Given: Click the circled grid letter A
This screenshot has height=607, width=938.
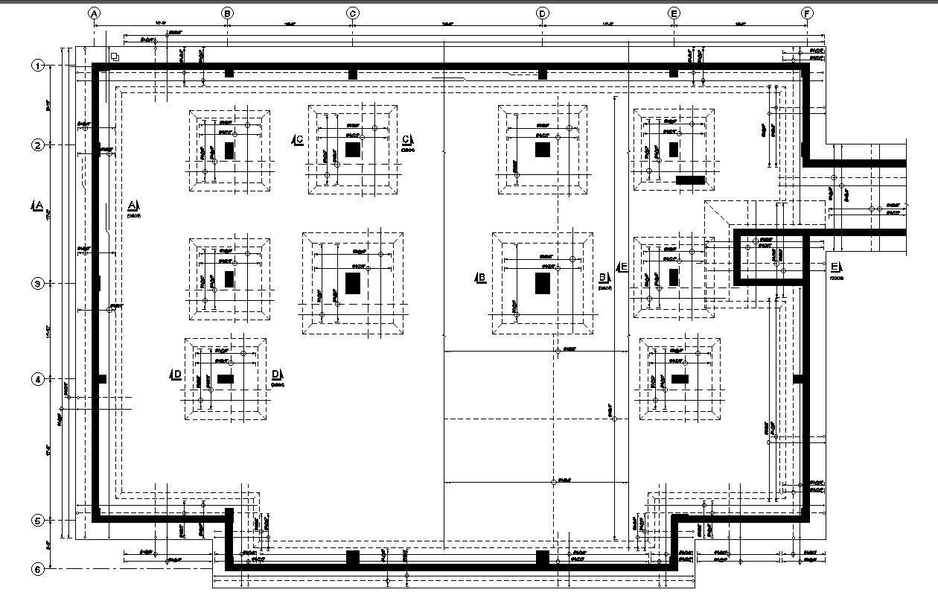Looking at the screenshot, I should tap(94, 13).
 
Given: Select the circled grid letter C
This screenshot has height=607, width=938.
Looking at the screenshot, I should tap(353, 13).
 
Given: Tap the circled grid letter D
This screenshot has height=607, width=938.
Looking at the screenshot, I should tap(543, 13).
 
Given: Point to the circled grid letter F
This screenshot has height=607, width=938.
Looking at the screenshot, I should tap(808, 13).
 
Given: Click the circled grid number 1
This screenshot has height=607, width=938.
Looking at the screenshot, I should tap(37, 66).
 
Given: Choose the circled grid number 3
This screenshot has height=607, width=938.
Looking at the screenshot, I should tap(37, 284).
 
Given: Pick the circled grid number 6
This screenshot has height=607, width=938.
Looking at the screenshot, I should tap(37, 569).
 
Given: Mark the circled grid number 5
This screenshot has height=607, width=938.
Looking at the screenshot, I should tap(37, 521).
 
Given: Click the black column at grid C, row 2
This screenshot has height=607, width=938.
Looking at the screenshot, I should tap(353, 150).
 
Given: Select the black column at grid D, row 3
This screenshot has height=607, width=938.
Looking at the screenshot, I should tap(543, 283).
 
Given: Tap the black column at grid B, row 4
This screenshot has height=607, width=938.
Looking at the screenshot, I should tap(226, 379).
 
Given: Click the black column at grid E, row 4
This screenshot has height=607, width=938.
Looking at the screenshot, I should tap(679, 379).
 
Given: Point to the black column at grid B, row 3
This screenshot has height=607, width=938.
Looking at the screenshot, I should tap(229, 279).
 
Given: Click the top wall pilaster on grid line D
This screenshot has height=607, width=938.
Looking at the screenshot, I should tap(543, 74).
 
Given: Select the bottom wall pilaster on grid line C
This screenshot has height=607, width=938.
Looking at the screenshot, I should tap(353, 557).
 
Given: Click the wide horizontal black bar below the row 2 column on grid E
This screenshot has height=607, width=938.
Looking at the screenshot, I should tap(690, 180).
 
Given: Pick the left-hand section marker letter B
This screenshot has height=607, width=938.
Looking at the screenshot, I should tap(481, 278).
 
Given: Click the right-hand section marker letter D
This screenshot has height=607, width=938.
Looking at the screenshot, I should tap(276, 375).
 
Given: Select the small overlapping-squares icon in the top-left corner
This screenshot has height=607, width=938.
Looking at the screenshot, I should tap(115, 57).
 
